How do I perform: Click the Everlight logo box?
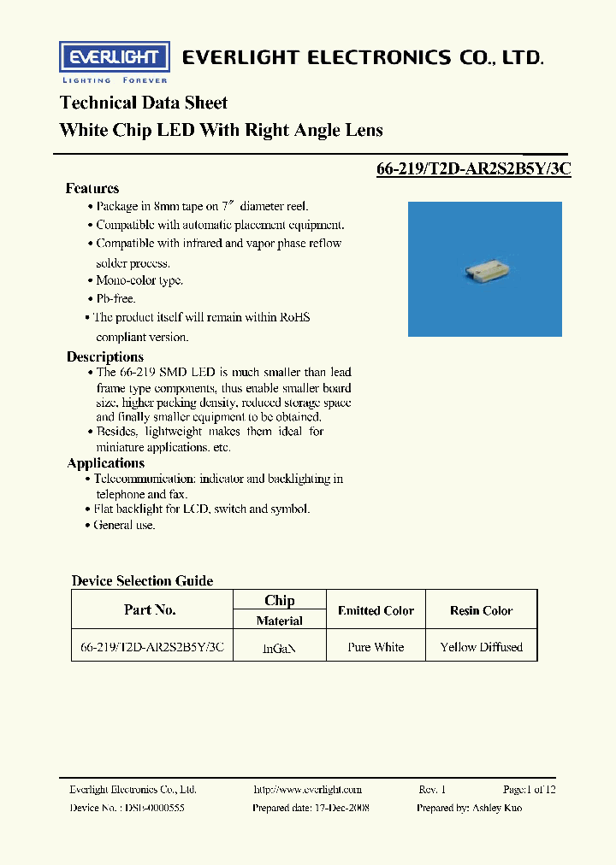pyautogui.click(x=110, y=57)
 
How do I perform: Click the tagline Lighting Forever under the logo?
pyautogui.click(x=110, y=80)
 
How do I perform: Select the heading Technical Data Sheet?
pyautogui.click(x=143, y=103)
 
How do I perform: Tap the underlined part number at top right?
pyautogui.click(x=473, y=169)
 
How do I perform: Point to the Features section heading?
pyautogui.click(x=92, y=188)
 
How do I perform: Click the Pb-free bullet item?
pyautogui.click(x=115, y=298)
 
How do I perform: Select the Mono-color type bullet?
pyautogui.click(x=139, y=280)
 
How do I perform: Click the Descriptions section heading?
pyautogui.click(x=105, y=356)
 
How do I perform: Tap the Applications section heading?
pyautogui.click(x=106, y=463)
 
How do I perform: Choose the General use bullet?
pyautogui.click(x=125, y=525)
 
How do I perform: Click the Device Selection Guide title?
pyautogui.click(x=142, y=580)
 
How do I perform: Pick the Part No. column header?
pyautogui.click(x=150, y=609)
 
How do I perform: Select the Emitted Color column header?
pyautogui.click(x=376, y=610)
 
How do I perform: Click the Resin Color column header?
pyautogui.click(x=481, y=610)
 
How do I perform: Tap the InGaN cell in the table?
pyautogui.click(x=279, y=648)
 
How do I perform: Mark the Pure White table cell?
pyautogui.click(x=376, y=647)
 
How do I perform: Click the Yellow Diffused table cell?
pyautogui.click(x=481, y=647)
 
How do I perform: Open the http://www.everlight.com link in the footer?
pyautogui.click(x=308, y=790)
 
